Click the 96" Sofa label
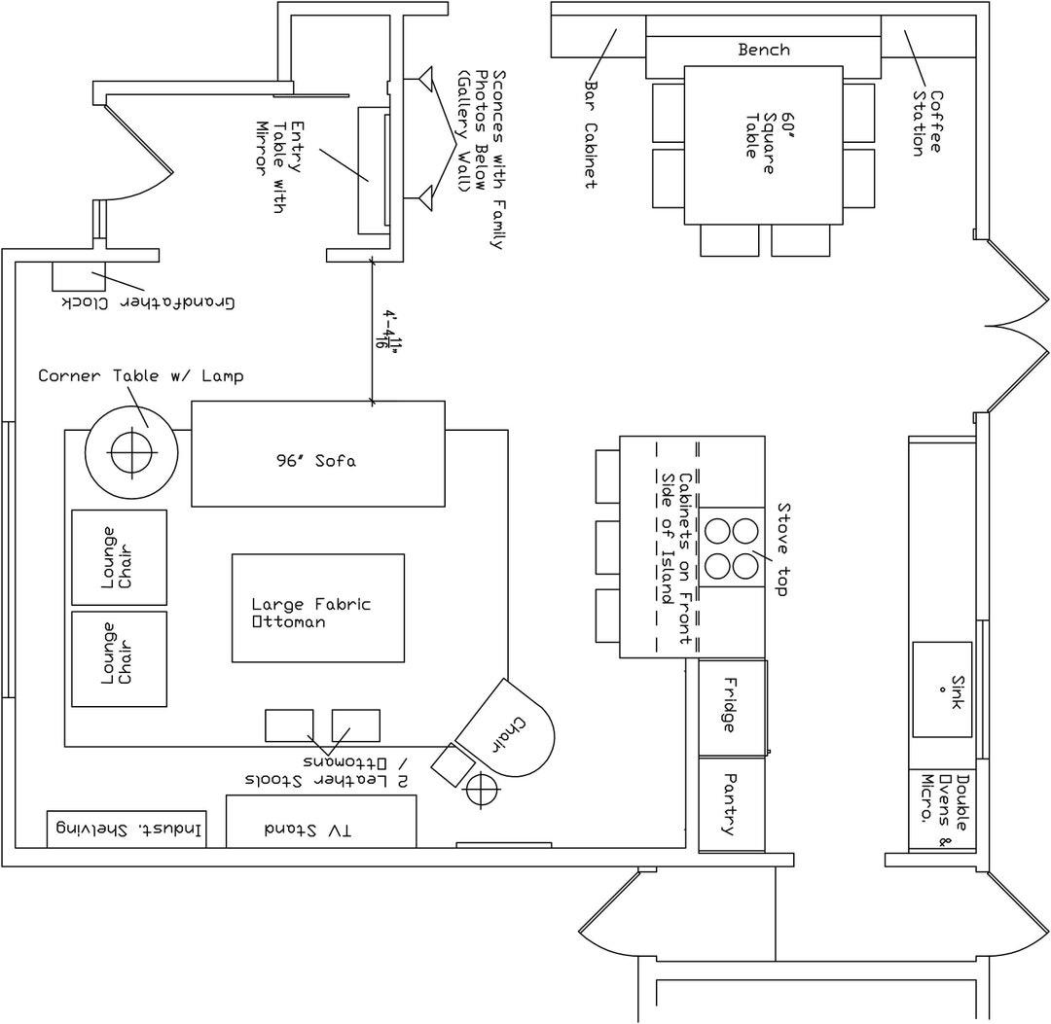tap(316, 461)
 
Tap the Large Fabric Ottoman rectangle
tap(317, 608)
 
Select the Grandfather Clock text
tap(150, 302)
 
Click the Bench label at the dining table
tap(764, 50)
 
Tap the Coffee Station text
tap(926, 124)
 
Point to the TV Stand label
tap(308, 830)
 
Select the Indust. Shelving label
tap(127, 830)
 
